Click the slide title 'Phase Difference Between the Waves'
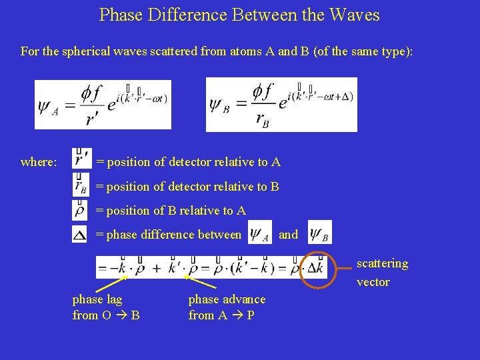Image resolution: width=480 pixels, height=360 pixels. pyautogui.click(x=239, y=15)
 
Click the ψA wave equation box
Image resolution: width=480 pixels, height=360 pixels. pyautogui.click(x=103, y=105)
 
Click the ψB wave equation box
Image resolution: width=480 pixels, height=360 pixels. pyautogui.click(x=281, y=105)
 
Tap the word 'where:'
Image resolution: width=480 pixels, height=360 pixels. pyautogui.click(x=39, y=162)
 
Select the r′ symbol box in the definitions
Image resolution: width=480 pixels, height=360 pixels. pyautogui.click(x=81, y=160)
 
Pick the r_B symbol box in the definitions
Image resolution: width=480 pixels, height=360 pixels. pyautogui.click(x=80, y=185)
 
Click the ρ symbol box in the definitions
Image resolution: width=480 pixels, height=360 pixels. pyautogui.click(x=80, y=210)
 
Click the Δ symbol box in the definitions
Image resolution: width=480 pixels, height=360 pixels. pyautogui.click(x=79, y=234)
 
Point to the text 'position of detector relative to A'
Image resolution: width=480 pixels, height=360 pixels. pyautogui.click(x=193, y=162)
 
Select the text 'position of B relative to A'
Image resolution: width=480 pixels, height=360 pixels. pyautogui.click(x=176, y=211)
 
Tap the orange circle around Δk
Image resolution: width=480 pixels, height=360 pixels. pyautogui.click(x=316, y=269)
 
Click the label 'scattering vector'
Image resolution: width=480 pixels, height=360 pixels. pyautogui.click(x=382, y=273)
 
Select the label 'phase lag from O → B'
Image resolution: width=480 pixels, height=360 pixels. pyautogui.click(x=106, y=307)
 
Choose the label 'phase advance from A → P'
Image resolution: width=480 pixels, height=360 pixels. pyautogui.click(x=227, y=307)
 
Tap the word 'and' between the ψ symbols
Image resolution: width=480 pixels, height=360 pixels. pyautogui.click(x=288, y=235)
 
